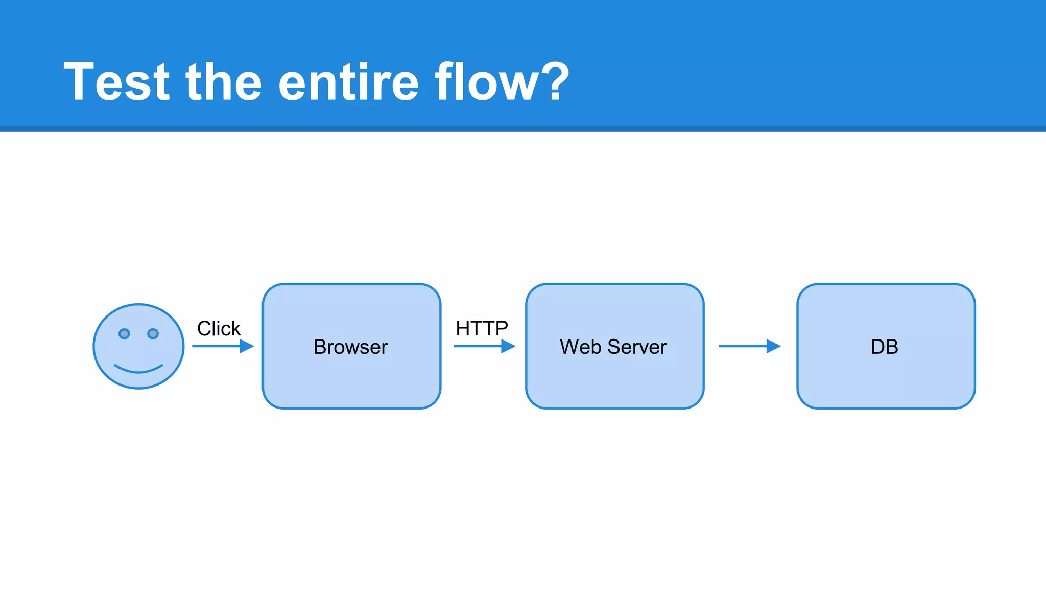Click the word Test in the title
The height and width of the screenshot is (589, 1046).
click(116, 82)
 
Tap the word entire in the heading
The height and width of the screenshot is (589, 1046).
click(348, 82)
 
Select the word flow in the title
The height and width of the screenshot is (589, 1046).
click(486, 82)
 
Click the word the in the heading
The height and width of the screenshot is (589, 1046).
click(224, 82)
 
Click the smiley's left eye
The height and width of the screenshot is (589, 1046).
click(124, 334)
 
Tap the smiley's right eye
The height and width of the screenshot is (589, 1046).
click(153, 334)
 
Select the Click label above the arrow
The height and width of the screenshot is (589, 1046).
click(219, 328)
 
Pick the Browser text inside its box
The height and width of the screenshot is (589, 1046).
click(351, 347)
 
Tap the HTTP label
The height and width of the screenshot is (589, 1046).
click(482, 328)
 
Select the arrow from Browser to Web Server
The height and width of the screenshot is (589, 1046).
click(483, 346)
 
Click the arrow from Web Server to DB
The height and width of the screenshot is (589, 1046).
click(749, 346)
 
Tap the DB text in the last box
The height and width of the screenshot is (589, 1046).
click(885, 347)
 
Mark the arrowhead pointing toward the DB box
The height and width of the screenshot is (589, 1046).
click(773, 346)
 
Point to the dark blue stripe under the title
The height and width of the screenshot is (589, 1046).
click(523, 129)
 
